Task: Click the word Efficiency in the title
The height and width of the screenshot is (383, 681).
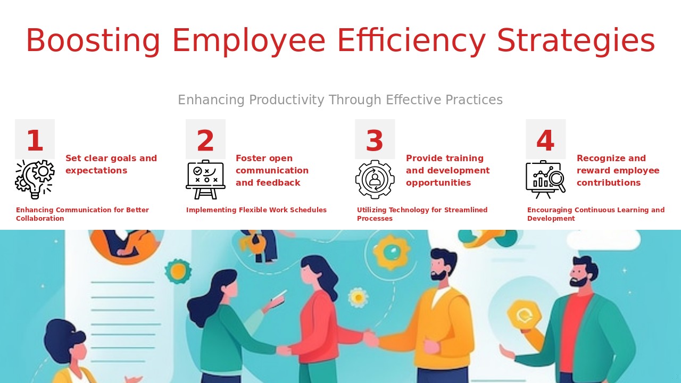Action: point(411,40)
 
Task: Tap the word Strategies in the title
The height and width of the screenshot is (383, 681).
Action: point(576,40)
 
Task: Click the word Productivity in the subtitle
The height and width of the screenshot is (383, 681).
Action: point(287,100)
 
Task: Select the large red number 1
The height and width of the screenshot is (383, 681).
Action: point(35,140)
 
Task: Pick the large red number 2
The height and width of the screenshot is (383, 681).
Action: point(205,140)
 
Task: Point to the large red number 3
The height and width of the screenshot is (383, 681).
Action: point(375,140)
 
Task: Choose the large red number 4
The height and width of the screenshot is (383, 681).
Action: point(545,140)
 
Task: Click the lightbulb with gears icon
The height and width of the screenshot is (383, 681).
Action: point(35,179)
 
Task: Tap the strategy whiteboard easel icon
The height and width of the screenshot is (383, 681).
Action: point(205,179)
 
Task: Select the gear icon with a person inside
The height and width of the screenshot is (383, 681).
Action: point(375,179)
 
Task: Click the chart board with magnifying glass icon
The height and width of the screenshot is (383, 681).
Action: point(546,179)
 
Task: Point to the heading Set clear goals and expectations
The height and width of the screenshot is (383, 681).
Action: point(111,164)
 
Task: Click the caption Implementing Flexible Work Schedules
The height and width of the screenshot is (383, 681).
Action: point(256,210)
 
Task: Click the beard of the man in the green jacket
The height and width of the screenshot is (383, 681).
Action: point(579,282)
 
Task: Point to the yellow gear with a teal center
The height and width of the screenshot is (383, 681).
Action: point(392,252)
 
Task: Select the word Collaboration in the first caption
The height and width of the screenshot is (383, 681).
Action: point(40,219)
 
